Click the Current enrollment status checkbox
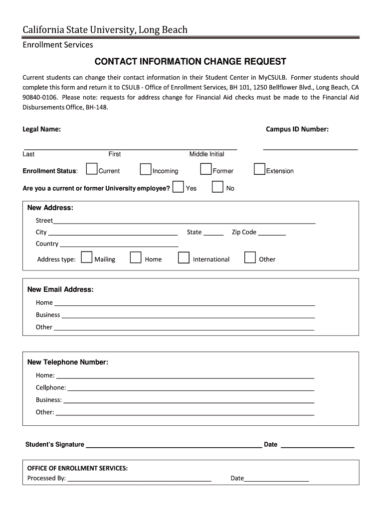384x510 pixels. [x=91, y=169]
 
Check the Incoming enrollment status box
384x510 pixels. [x=145, y=169]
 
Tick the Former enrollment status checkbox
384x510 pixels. [x=205, y=169]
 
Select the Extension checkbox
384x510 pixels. [x=259, y=169]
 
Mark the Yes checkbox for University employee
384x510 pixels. [x=178, y=187]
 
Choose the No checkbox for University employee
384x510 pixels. [x=217, y=187]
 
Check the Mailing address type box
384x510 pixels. [x=87, y=257]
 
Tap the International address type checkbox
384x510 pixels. [x=184, y=257]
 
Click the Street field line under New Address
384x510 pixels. [x=184, y=222]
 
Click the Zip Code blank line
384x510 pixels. [x=272, y=234]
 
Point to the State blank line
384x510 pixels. [x=213, y=234]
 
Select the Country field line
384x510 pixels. [x=119, y=246]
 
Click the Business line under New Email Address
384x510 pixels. [x=188, y=316]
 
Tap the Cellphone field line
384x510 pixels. [x=190, y=389]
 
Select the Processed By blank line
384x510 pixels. [x=139, y=480]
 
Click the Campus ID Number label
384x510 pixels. [x=297, y=129]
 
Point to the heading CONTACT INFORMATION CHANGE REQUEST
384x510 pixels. [x=191, y=62]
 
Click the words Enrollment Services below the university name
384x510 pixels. [x=58, y=45]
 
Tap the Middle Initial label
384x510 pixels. [x=206, y=154]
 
